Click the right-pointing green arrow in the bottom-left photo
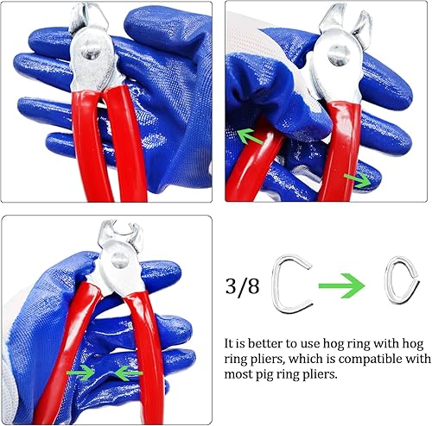[82, 373]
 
